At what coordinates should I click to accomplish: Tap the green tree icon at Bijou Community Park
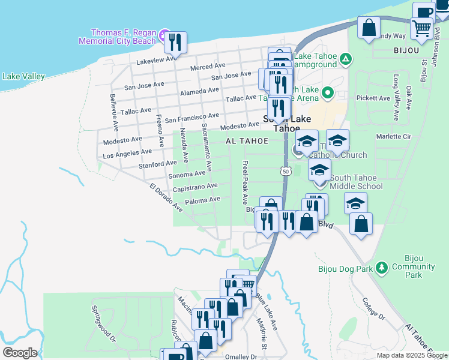point(381,268)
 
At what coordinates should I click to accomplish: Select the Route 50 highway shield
point(286,172)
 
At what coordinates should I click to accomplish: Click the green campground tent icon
point(345,59)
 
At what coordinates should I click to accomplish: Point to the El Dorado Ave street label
point(166,197)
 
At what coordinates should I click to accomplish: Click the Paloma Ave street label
point(202,200)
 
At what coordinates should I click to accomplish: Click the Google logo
point(20,353)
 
